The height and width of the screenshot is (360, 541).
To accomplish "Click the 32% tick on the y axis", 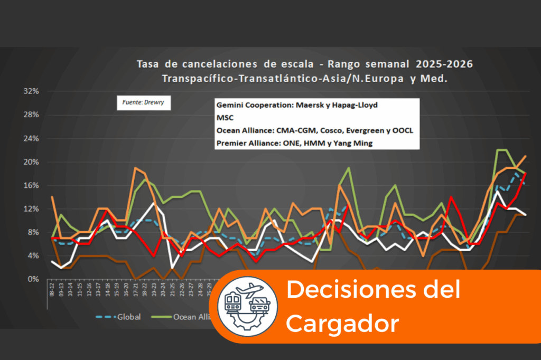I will click(x=31, y=91).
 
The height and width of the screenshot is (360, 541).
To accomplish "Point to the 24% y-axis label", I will click(x=31, y=138).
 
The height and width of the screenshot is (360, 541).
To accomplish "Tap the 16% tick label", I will click(x=31, y=185).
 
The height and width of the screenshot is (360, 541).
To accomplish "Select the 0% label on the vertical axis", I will click(x=33, y=279).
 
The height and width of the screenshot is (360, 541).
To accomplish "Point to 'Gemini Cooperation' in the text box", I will click(x=253, y=105).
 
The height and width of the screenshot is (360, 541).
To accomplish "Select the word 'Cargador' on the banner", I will click(x=342, y=323).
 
